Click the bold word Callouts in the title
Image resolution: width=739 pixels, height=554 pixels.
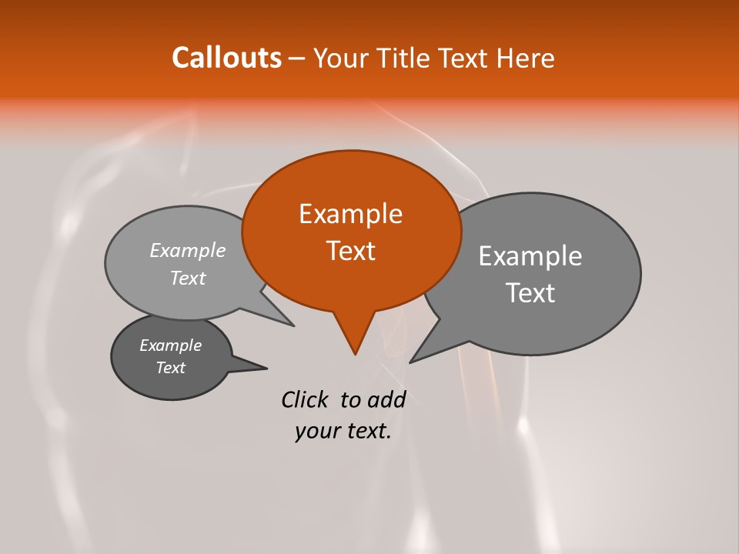point(226,58)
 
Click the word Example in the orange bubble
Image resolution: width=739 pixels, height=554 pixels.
point(351,214)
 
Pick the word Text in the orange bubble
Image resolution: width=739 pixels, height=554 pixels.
point(351,251)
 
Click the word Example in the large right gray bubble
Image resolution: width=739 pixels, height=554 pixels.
point(530,256)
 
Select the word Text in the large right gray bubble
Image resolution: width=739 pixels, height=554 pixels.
point(531,293)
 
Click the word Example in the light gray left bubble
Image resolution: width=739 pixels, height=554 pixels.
point(188,250)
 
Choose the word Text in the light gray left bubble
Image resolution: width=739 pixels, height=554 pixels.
point(188,278)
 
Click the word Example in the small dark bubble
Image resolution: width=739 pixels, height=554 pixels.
point(171,345)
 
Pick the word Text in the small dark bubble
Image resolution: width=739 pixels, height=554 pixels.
point(171,368)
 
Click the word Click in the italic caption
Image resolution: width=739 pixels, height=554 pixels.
point(306,399)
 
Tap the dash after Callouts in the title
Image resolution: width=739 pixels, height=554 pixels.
point(297,59)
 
